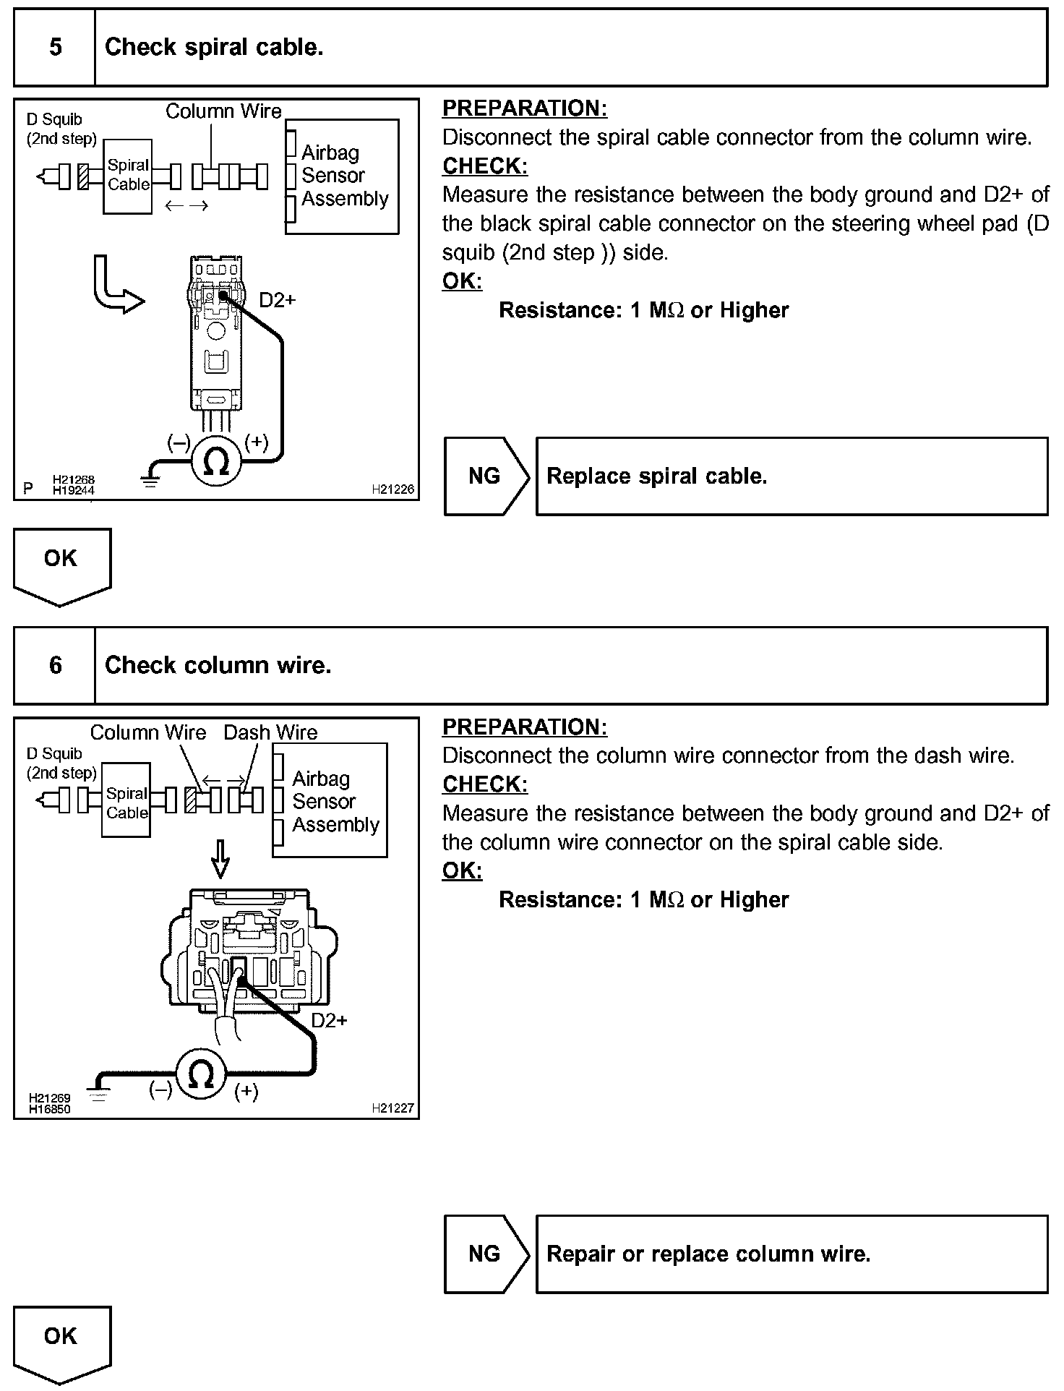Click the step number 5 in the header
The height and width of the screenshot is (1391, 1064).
tap(55, 48)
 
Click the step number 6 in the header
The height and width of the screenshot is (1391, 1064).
tap(55, 665)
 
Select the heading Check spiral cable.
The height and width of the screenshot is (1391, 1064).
tap(214, 48)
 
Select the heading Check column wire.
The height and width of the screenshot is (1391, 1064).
tap(218, 665)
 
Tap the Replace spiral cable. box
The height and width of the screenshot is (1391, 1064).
tap(791, 476)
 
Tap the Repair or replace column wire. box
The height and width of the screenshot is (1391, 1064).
tap(791, 1254)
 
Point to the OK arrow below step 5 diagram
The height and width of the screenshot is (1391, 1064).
tap(61, 564)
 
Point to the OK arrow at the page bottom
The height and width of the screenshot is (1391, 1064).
tap(61, 1341)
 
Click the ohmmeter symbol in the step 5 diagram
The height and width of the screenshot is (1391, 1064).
tap(217, 461)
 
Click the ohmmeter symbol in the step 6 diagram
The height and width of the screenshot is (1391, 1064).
tap(202, 1076)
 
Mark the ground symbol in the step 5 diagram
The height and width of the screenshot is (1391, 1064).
tap(150, 478)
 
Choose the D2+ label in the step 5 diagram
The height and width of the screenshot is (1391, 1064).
tap(277, 300)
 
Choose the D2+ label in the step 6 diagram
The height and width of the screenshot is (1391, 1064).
tap(329, 1020)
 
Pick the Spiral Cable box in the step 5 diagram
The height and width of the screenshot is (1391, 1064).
tap(128, 176)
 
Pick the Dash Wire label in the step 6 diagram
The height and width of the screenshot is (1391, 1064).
tap(270, 732)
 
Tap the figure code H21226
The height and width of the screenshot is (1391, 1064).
tap(392, 489)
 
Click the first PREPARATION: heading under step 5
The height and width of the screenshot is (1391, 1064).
tap(524, 108)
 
